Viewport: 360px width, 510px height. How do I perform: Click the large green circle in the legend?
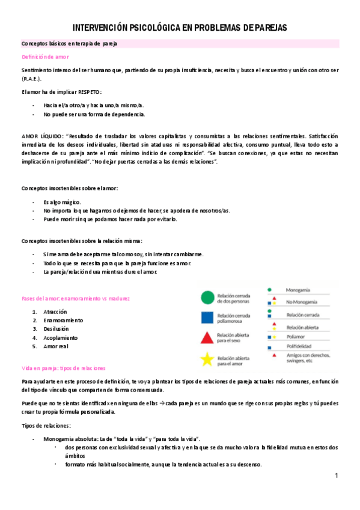click(x=207, y=296)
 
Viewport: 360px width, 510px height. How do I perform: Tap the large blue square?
click(x=207, y=317)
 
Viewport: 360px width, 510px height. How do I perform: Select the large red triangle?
click(x=207, y=338)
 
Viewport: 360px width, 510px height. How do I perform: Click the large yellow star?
click(x=207, y=360)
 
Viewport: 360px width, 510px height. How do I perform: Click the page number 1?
click(x=337, y=476)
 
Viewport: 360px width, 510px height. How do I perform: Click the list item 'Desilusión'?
click(x=56, y=329)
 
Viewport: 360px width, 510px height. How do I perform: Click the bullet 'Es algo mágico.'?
click(x=62, y=201)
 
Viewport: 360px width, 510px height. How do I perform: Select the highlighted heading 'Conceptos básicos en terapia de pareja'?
click(x=69, y=44)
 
